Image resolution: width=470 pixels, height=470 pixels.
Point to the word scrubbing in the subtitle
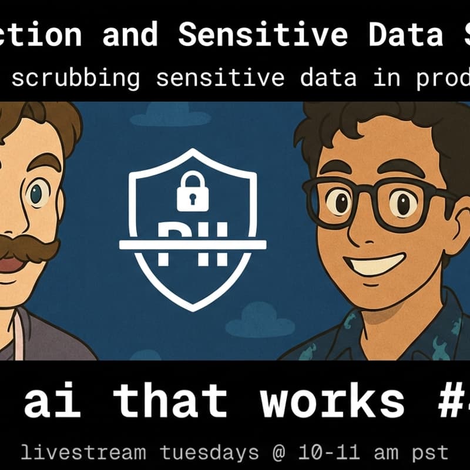(76, 78)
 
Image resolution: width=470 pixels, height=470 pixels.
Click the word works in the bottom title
(333, 401)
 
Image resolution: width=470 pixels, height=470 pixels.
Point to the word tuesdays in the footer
(208, 453)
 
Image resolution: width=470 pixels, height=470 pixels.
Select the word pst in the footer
(431, 453)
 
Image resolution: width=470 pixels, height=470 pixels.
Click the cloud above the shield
(162, 113)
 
